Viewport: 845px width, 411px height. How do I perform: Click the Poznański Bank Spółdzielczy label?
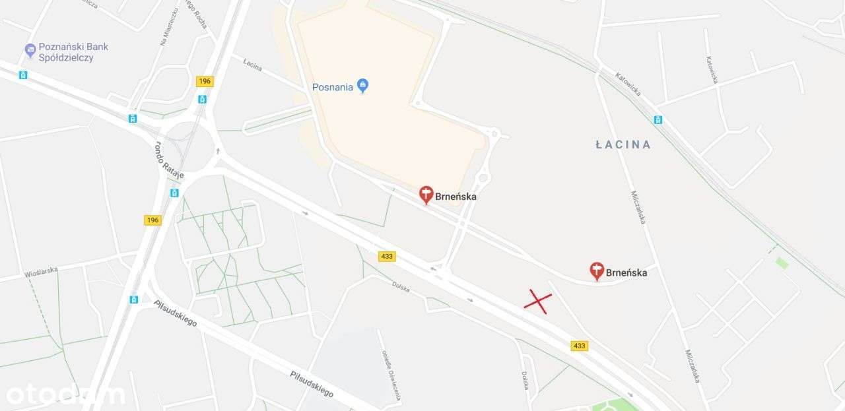click(x=73, y=52)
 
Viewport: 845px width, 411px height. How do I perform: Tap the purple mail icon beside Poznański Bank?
click(x=30, y=49)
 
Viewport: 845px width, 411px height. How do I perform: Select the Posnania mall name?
click(x=333, y=86)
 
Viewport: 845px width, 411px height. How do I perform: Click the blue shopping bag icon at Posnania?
click(x=362, y=85)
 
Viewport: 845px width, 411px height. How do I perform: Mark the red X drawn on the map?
click(x=538, y=301)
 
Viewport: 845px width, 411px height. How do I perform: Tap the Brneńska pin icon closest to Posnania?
click(x=426, y=195)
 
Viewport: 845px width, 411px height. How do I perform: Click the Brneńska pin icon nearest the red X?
click(x=597, y=270)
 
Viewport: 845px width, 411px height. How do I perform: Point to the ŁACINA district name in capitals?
click(x=623, y=144)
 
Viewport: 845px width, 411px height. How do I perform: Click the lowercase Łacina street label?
click(x=252, y=65)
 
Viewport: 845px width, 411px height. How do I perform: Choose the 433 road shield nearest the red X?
click(x=580, y=346)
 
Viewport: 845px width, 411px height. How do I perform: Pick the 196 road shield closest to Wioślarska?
click(x=152, y=220)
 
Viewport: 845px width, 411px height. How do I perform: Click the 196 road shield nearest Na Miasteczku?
click(x=205, y=81)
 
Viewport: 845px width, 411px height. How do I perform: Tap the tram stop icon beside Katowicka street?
click(x=658, y=119)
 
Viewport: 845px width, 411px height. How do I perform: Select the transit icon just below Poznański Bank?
click(x=24, y=75)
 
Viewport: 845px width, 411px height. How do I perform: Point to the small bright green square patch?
click(x=782, y=263)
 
